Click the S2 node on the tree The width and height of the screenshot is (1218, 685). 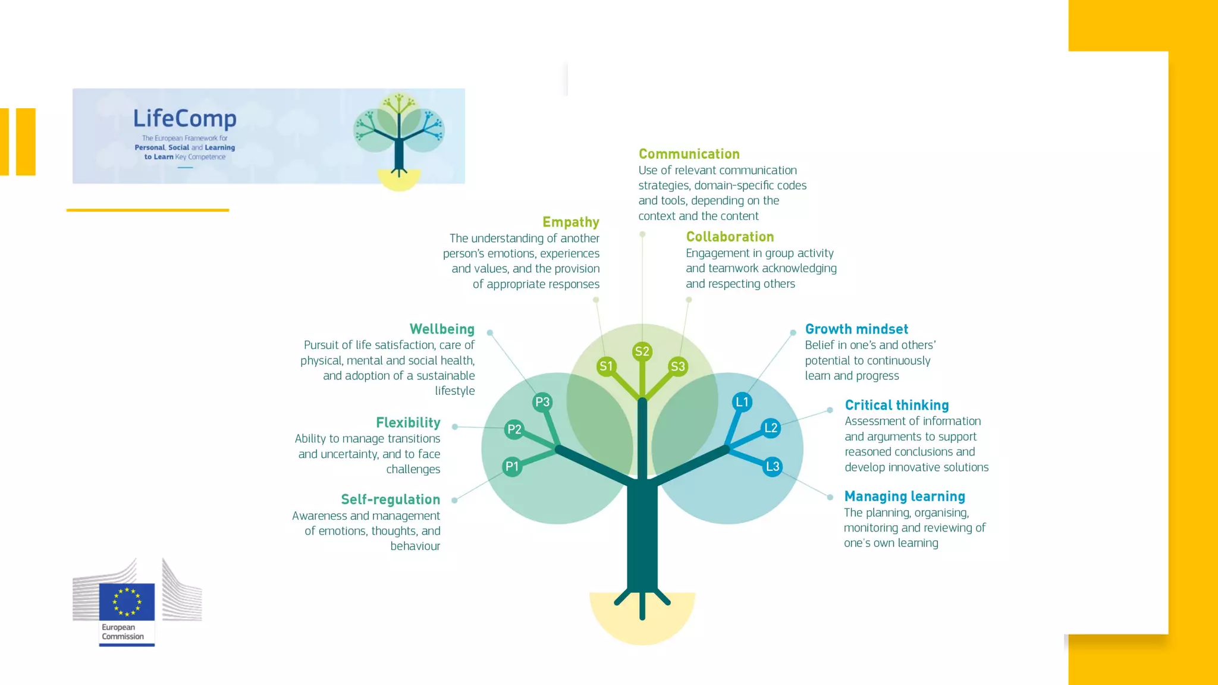point(642,351)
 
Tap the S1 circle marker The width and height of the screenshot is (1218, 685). point(606,366)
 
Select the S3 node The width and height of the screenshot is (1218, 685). point(678,366)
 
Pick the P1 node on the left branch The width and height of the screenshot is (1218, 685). point(512,466)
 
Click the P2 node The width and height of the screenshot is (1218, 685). point(514,429)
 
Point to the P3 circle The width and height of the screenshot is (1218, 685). point(542,402)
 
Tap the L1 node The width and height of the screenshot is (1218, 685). point(742,402)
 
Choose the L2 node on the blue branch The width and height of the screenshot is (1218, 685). point(771,428)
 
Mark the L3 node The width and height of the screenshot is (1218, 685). point(773,466)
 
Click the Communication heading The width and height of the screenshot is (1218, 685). point(689,154)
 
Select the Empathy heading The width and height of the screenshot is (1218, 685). point(570,222)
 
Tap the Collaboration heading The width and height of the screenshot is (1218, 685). point(730,237)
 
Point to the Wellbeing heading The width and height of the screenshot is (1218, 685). point(442,329)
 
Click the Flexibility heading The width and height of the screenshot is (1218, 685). point(408,422)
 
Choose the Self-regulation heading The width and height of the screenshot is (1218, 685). point(390,499)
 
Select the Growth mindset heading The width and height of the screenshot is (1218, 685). point(856,329)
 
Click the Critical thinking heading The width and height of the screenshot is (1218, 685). point(896,405)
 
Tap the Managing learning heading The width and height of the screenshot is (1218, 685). point(904,496)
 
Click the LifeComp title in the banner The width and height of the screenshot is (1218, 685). point(184,118)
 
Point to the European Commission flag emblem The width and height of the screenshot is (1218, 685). point(127,601)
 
